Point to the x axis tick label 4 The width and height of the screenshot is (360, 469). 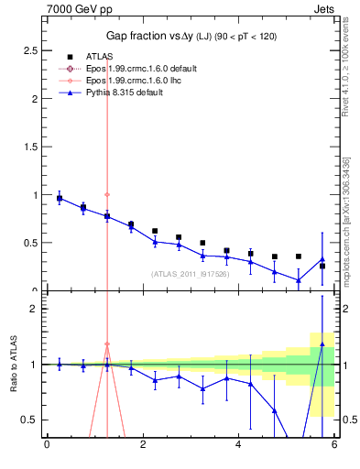[238, 446]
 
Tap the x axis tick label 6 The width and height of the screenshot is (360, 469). [334, 446]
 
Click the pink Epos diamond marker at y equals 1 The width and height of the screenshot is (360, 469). [107, 194]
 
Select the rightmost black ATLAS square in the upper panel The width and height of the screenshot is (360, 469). [322, 267]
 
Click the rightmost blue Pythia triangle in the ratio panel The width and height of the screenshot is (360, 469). [322, 344]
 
